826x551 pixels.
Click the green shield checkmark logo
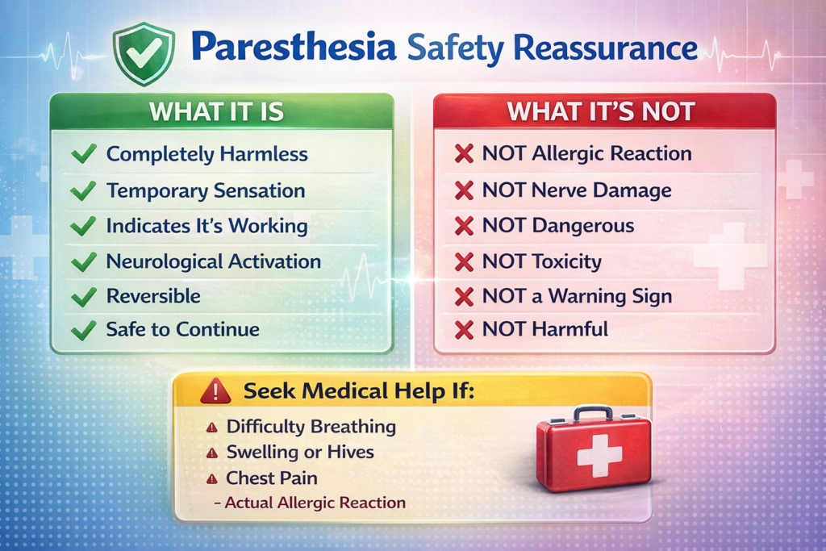[x=144, y=53]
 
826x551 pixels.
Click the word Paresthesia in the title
[x=294, y=48]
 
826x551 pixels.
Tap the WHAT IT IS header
[x=216, y=111]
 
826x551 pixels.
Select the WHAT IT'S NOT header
[x=601, y=111]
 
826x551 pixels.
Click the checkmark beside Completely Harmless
[x=84, y=153]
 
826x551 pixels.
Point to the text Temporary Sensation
[x=206, y=190]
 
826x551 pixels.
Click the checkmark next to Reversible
[x=84, y=297]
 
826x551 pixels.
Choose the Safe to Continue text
[x=183, y=329]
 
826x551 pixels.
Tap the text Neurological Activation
[x=213, y=261]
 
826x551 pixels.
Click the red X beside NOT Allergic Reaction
[x=464, y=154]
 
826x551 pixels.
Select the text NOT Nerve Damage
[x=577, y=190]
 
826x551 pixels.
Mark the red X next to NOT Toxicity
[x=464, y=262]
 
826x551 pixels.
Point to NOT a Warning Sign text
[x=577, y=296]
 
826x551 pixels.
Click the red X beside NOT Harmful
[x=464, y=330]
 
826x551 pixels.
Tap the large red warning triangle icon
[x=215, y=391]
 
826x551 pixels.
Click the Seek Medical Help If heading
[x=359, y=390]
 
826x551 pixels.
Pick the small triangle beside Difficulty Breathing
[x=212, y=428]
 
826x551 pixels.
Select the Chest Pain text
[x=272, y=478]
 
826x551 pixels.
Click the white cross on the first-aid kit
[x=599, y=455]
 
